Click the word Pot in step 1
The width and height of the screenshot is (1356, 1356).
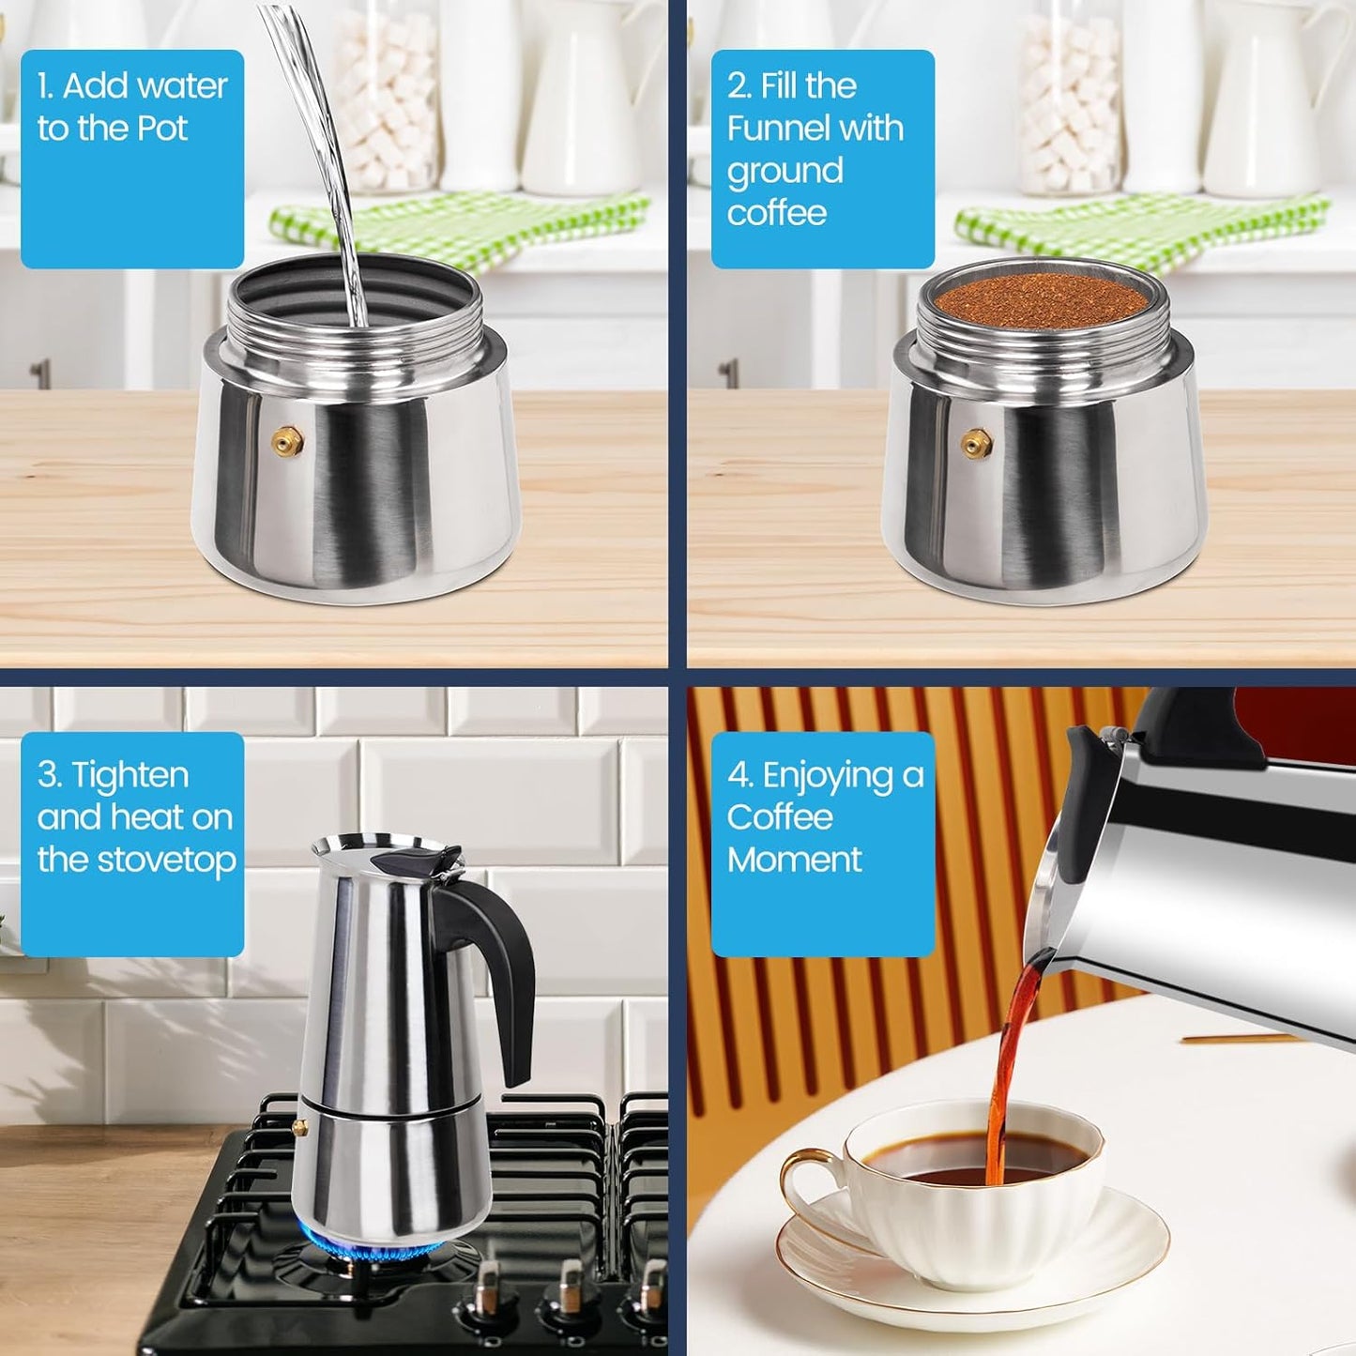click(x=163, y=129)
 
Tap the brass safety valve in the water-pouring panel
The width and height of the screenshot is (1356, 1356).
click(x=286, y=440)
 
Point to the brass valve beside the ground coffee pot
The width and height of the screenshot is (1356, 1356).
click(x=976, y=440)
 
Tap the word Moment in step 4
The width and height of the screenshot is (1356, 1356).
click(x=794, y=860)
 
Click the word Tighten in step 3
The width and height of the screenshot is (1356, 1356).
click(x=130, y=776)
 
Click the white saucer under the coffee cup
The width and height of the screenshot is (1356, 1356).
click(x=1107, y=1286)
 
